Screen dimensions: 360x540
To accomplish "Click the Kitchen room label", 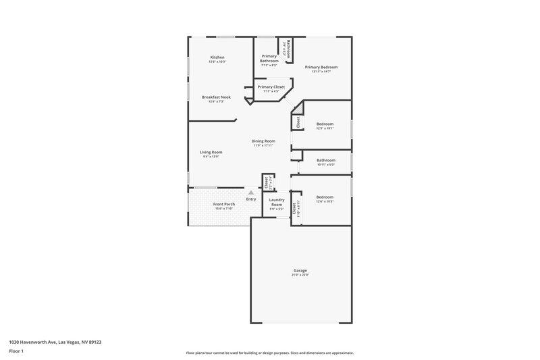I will [217, 57].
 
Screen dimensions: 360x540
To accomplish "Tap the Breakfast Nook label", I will [216, 97].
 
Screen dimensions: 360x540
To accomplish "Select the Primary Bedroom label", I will [321, 68].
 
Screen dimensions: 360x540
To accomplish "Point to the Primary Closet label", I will [271, 87].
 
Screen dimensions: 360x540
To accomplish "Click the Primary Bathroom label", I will [269, 59].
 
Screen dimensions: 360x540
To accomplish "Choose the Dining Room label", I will [263, 141].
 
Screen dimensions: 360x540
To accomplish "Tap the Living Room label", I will [211, 153].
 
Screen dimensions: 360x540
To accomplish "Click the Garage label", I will [300, 271].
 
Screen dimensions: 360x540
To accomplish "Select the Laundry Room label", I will [276, 202].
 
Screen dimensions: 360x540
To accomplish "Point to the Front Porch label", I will [223, 204].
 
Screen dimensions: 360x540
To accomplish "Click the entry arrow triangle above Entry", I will [251, 192].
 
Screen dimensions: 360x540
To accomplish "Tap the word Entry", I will [251, 199].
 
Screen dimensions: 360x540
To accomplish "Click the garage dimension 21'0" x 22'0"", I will [300, 275].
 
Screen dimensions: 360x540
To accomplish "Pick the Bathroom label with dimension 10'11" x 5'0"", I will [325, 160].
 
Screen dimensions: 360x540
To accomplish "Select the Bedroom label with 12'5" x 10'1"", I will [325, 124].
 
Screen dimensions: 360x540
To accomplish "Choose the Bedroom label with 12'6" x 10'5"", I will [325, 197].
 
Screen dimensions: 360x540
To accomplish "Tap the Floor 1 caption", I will [16, 352].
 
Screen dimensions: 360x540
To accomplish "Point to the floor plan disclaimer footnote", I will [269, 353].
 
